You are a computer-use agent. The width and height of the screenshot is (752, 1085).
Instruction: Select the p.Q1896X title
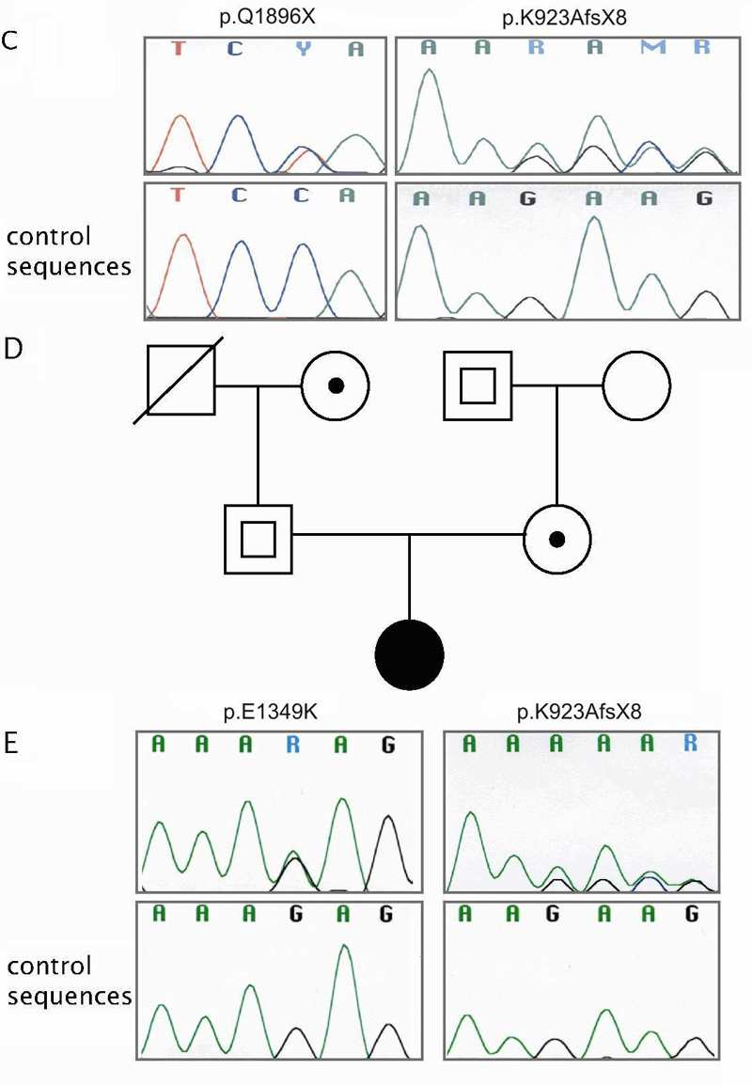[264, 18]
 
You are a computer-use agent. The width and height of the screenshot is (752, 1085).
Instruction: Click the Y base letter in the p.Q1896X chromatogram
[302, 50]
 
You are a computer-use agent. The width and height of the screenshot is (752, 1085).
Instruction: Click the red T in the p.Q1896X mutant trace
[180, 50]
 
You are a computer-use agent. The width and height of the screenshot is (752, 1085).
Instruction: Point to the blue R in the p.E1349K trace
[294, 747]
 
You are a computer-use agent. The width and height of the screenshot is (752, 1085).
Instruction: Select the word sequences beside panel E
[70, 995]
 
